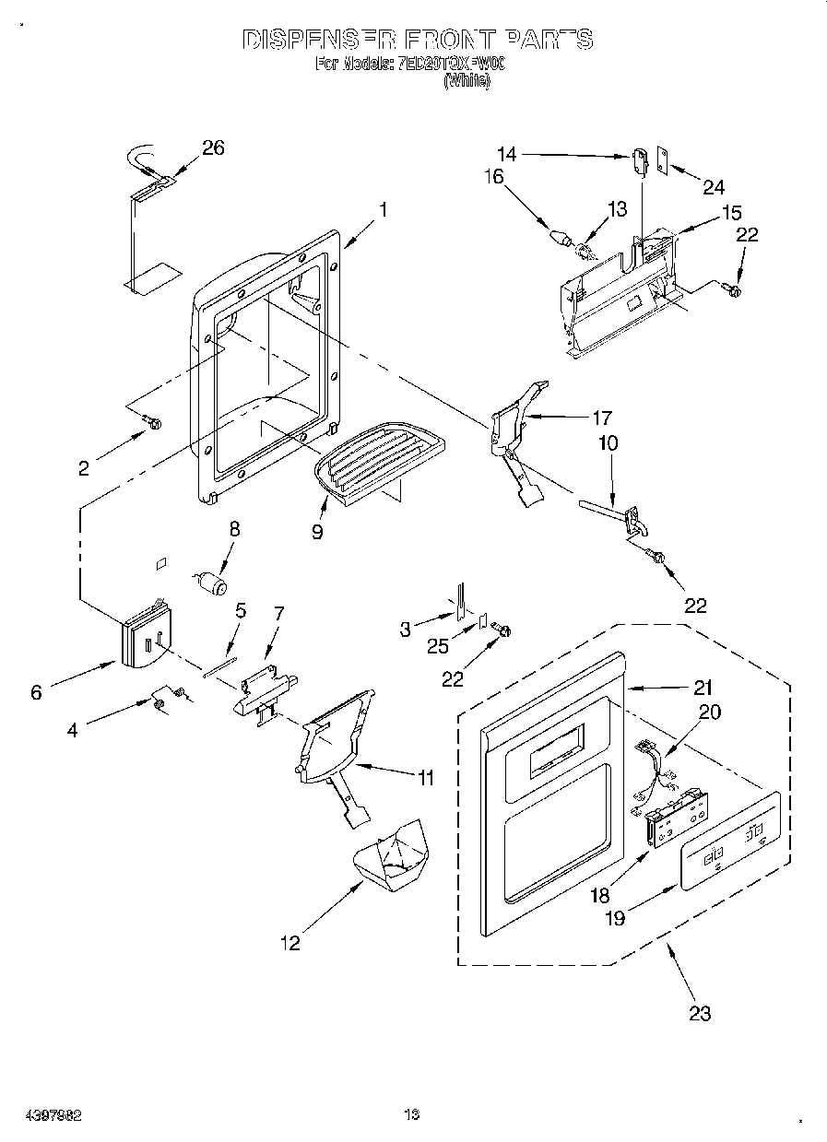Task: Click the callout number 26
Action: pos(213,148)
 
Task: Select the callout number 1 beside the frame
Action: pos(383,209)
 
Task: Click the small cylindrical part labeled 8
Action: pos(213,584)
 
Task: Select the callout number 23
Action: pos(700,1013)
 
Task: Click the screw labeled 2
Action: pos(152,423)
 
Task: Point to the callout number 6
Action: pos(36,692)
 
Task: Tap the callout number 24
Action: pos(714,187)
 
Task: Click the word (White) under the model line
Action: pos(467,81)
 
